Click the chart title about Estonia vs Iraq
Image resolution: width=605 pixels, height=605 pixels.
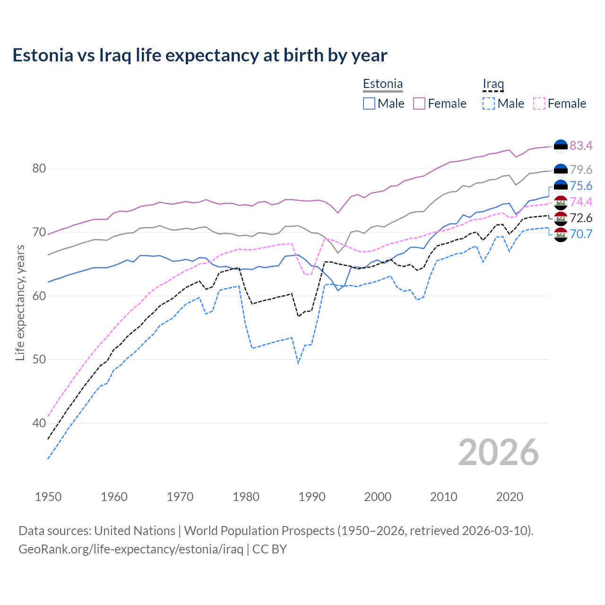199,55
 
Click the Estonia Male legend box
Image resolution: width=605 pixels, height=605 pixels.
369,104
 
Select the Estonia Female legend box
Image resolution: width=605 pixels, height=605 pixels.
419,104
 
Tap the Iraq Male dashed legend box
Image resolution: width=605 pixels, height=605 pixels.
489,104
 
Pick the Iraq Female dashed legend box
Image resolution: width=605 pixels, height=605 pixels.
539,104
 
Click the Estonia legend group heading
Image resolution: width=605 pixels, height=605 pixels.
383,84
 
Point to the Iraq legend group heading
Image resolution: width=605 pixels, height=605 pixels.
493,84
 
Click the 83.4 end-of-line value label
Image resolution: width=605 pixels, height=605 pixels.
581,146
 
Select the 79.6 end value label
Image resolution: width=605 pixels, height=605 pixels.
581,170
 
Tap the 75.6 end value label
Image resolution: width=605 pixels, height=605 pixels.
581,186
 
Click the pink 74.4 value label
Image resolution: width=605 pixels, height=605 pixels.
581,202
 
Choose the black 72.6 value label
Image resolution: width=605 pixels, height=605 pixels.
581,218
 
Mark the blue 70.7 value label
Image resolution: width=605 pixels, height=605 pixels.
581,234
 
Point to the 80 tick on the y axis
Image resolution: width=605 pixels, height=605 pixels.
39,169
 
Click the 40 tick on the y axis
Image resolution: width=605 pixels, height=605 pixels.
39,423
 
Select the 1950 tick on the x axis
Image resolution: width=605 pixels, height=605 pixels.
48,497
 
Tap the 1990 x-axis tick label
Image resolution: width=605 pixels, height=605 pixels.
312,497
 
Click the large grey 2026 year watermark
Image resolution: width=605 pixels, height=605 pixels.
498,452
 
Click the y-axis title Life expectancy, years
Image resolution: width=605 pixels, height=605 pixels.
20,302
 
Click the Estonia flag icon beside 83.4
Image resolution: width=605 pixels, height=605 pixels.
561,147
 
